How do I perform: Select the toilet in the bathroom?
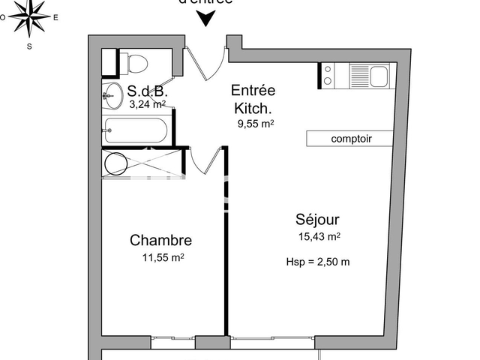[x=135, y=63]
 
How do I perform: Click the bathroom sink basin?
[x=113, y=94]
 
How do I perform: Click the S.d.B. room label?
[x=147, y=91]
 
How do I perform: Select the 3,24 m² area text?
[x=147, y=105]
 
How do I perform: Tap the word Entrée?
[x=253, y=90]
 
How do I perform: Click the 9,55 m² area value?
[x=255, y=124]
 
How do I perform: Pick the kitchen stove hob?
[x=328, y=75]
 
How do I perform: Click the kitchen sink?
[x=377, y=75]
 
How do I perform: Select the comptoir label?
[x=351, y=139]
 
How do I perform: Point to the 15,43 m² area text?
[x=319, y=236]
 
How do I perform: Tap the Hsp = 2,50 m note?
[x=318, y=262]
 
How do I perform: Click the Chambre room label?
[x=160, y=241]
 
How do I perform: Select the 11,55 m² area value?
[x=163, y=257]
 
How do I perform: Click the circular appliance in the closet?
[x=116, y=163]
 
